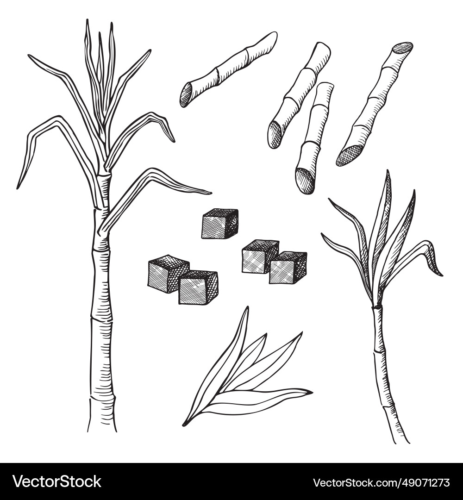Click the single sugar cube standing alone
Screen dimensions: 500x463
click(219, 224)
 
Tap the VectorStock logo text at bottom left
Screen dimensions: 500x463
click(57, 481)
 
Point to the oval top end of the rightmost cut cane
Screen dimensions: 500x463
click(402, 48)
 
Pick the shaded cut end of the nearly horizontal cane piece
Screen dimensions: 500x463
click(187, 95)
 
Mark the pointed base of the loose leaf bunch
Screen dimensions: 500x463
click(185, 423)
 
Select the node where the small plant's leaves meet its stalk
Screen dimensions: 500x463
click(377, 306)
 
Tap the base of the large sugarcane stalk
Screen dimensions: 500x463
click(102, 428)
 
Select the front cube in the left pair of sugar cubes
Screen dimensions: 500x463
click(198, 287)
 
